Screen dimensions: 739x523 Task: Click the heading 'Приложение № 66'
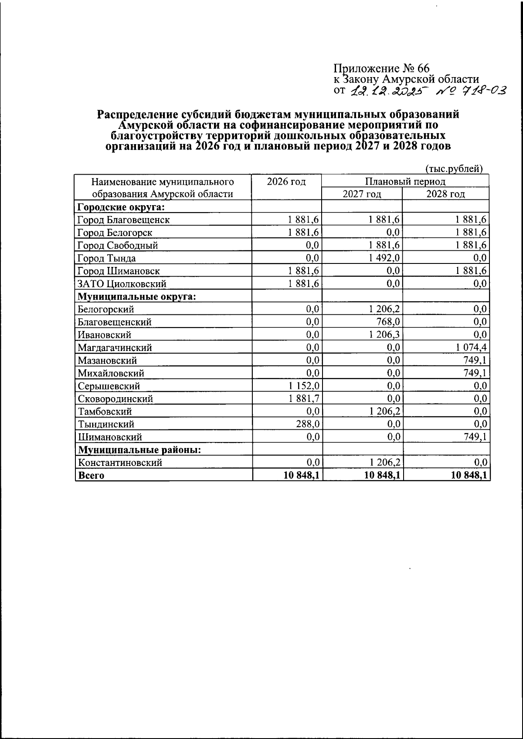[x=381, y=68]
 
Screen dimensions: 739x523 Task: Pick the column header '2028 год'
[x=445, y=194]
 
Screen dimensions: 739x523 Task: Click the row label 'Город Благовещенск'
[x=123, y=220]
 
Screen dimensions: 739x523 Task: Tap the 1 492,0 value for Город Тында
[x=383, y=258]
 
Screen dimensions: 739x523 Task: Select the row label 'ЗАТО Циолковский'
[x=122, y=284]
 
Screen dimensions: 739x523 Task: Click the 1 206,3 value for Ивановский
[x=383, y=335]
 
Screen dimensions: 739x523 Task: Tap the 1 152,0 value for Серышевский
[x=304, y=386]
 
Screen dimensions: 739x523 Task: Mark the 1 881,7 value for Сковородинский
[x=304, y=398]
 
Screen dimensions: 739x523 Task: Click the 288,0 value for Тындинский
[x=308, y=424]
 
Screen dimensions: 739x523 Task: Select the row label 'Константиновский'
[x=120, y=462]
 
